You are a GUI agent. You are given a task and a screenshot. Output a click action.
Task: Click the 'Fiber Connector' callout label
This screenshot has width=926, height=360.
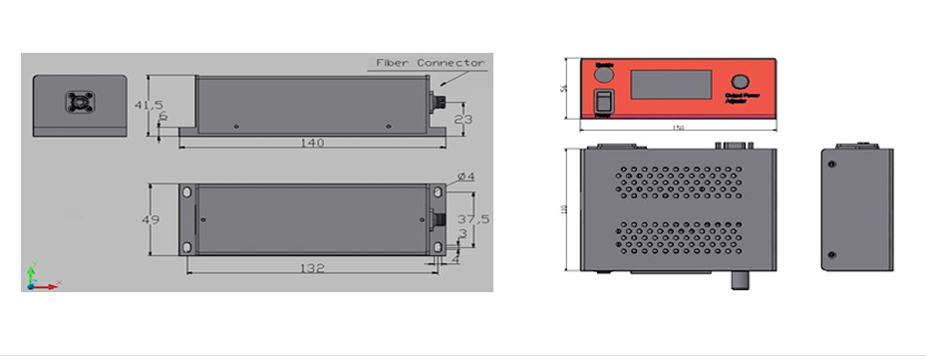click(x=429, y=63)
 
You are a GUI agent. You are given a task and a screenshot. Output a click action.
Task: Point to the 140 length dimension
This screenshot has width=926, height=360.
click(x=312, y=143)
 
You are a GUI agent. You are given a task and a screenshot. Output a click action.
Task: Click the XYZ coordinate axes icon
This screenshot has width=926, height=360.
click(x=37, y=277)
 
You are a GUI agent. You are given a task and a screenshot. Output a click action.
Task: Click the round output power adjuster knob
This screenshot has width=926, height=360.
click(x=741, y=81)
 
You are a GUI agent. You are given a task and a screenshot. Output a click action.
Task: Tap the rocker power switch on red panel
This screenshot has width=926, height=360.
click(x=604, y=100)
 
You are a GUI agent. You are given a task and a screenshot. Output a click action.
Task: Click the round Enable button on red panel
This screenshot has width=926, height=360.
click(x=604, y=72)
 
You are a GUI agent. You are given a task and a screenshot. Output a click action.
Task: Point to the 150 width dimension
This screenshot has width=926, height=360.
click(x=678, y=128)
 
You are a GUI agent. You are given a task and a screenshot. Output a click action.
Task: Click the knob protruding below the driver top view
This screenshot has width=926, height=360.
click(x=740, y=280)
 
